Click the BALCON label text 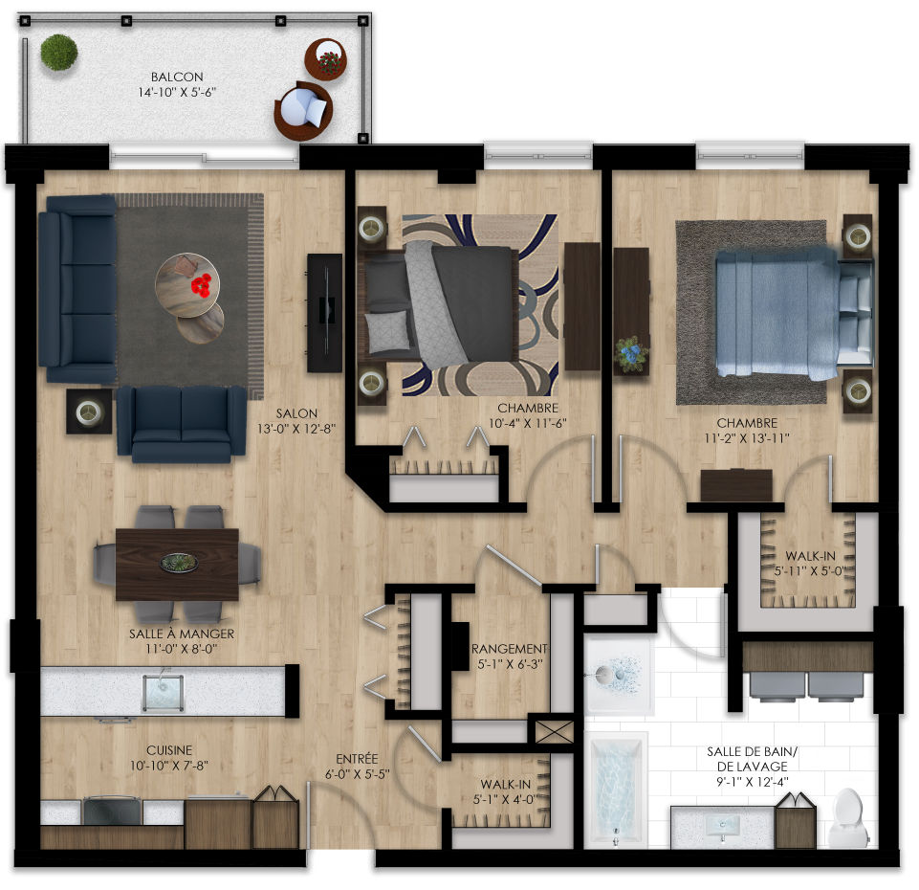[177, 77]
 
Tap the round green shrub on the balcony [59, 53]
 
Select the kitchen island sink [163, 693]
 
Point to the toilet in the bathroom [848, 818]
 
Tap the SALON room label [296, 413]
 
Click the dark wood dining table [177, 565]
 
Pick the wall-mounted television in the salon [325, 313]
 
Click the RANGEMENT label [510, 649]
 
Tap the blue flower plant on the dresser [631, 353]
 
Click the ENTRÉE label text [357, 759]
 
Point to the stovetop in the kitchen [113, 811]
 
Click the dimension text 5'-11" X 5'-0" [811, 570]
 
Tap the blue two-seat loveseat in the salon [182, 424]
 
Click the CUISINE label [169, 750]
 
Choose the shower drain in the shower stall [602, 674]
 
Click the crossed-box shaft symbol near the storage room [555, 731]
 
